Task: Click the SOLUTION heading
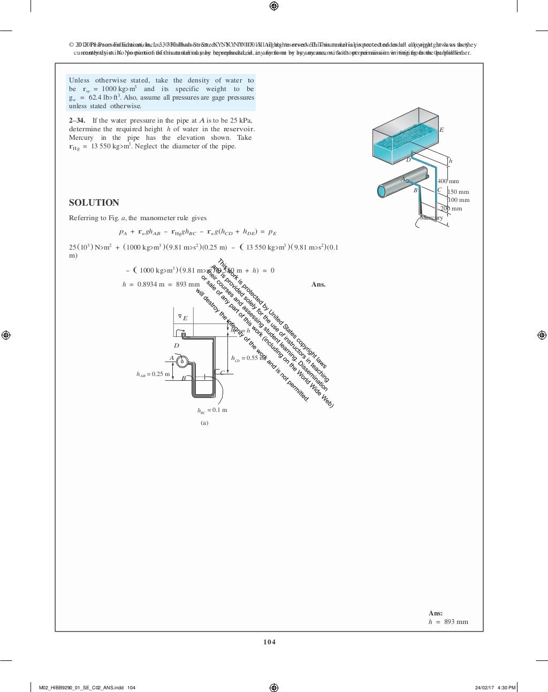(x=94, y=202)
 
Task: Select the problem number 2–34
(x=77, y=121)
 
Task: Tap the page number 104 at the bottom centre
(x=269, y=642)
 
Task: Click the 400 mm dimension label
(x=448, y=181)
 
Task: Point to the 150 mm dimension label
(x=458, y=192)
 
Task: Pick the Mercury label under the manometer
(x=431, y=217)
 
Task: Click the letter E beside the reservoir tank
(x=442, y=130)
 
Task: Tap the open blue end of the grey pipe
(x=382, y=191)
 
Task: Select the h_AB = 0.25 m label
(x=153, y=374)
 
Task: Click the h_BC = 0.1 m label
(x=212, y=410)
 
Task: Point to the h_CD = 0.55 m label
(x=248, y=358)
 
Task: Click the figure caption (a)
(x=204, y=423)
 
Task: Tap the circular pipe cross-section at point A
(x=182, y=362)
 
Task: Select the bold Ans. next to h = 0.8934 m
(x=318, y=284)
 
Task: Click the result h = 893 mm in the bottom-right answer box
(x=448, y=622)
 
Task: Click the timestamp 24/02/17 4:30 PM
(x=495, y=688)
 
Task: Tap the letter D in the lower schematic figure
(x=177, y=345)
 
